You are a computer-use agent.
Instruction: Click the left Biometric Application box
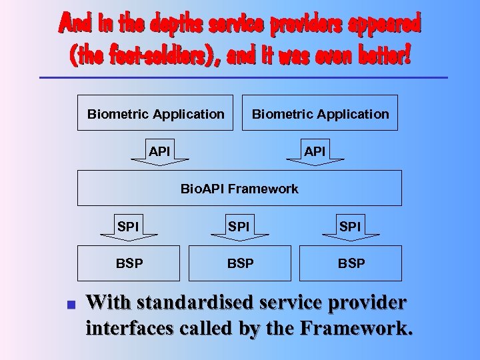click(x=155, y=113)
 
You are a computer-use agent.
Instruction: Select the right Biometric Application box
click(x=320, y=113)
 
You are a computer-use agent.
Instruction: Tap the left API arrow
click(x=159, y=153)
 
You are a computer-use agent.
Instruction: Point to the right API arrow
click(x=315, y=153)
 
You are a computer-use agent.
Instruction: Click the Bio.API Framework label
click(x=239, y=189)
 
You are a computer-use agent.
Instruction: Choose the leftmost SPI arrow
click(x=128, y=228)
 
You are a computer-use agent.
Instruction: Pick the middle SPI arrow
click(x=239, y=228)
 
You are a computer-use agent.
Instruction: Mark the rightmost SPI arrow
click(x=350, y=228)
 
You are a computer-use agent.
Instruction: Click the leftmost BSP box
click(x=129, y=263)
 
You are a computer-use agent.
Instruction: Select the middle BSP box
click(x=240, y=263)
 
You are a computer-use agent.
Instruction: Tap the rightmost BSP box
click(x=351, y=263)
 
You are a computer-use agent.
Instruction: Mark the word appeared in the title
click(x=389, y=25)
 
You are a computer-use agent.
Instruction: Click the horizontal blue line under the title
click(x=243, y=78)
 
